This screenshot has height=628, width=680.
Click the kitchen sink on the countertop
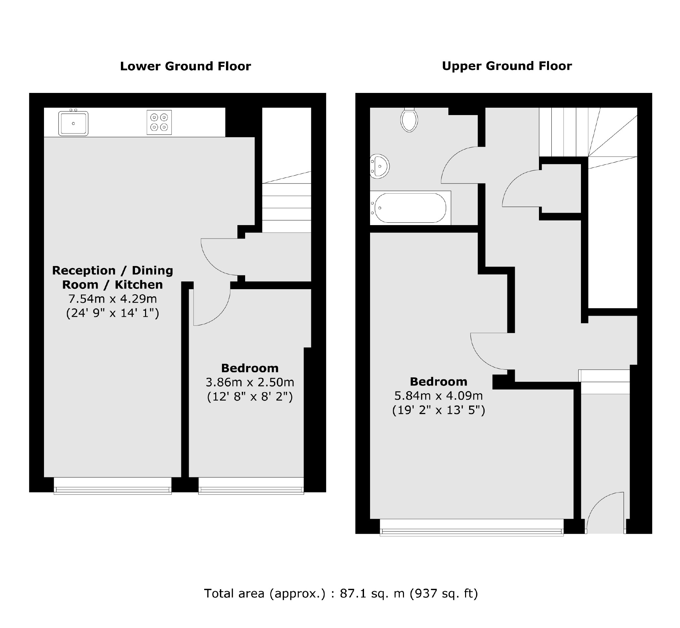73,123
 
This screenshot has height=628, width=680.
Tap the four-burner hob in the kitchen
159,122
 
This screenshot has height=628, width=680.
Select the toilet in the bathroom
409,120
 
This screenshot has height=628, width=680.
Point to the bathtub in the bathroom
410,208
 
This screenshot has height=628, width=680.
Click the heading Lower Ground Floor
185,66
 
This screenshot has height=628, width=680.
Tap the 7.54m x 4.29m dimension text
112,299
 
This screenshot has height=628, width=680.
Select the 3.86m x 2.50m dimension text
250,382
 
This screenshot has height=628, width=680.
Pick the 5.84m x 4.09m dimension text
439,396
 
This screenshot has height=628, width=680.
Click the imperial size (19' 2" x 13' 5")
439,410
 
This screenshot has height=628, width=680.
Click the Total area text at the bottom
341,593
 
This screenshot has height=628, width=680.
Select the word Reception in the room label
84,270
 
